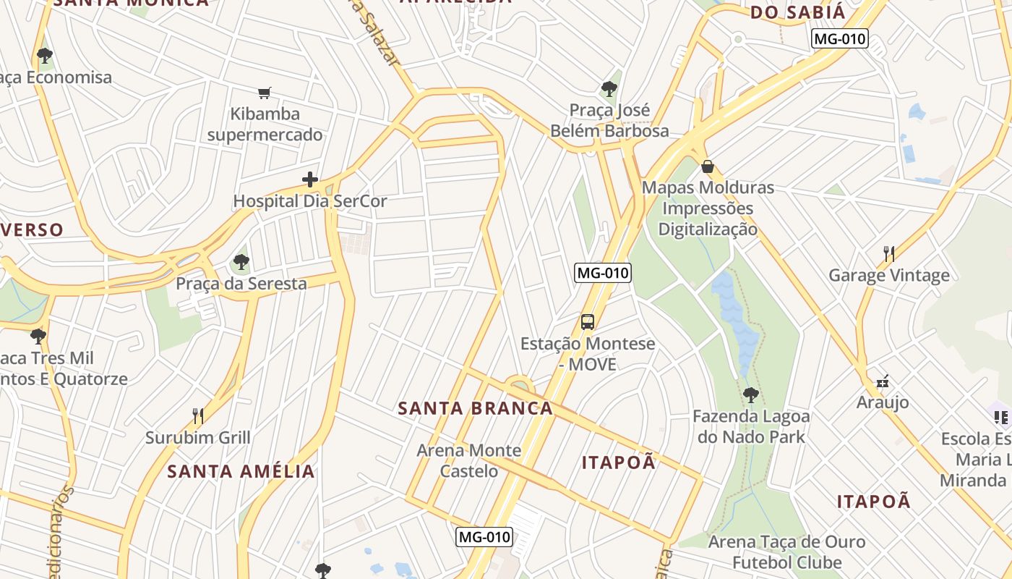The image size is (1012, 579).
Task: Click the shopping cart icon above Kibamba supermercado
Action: point(264,93)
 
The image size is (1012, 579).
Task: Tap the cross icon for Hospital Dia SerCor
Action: point(310,179)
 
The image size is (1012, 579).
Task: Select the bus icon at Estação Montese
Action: point(588,322)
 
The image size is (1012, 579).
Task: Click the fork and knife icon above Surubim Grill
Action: point(198,415)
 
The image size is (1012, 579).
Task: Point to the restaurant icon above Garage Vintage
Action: point(889,254)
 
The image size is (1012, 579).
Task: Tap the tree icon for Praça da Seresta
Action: point(241,262)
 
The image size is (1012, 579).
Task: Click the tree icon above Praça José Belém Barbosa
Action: point(609,89)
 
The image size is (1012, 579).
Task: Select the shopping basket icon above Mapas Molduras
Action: point(708,166)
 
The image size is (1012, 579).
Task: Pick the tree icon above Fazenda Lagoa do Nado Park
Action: point(751,395)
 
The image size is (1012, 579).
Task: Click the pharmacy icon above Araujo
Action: point(883,381)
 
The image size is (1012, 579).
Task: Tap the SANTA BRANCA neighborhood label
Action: point(476,408)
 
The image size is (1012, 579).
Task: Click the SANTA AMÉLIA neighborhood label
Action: point(241,472)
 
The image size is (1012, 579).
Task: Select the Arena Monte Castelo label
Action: point(468,460)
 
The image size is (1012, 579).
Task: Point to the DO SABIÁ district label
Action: point(797,12)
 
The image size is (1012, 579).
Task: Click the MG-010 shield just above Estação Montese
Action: point(603,273)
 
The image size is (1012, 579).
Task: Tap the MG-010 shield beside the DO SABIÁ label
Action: point(839,38)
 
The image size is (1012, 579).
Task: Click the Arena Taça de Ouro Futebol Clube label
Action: point(786,551)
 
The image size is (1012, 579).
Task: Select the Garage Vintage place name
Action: point(889,275)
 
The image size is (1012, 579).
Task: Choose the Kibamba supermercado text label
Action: point(265,124)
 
